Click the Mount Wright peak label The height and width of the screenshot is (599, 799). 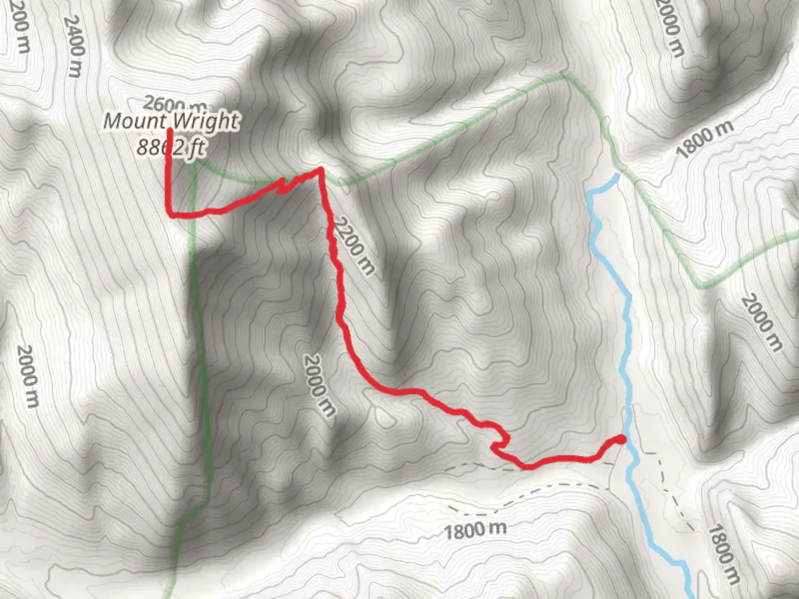coord(171,121)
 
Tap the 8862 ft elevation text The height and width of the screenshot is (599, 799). coord(171,148)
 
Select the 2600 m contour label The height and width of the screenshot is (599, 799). coord(175,104)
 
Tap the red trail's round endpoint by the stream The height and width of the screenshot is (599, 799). coord(621,439)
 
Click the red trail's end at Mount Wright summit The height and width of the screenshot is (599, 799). coord(169,131)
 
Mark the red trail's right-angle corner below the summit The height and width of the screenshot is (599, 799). coord(170,214)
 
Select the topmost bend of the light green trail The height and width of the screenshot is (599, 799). coord(564,74)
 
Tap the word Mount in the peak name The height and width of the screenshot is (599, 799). coord(135,121)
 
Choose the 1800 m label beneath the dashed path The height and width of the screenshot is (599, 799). coord(475,530)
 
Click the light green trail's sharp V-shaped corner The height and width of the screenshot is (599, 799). coord(701,286)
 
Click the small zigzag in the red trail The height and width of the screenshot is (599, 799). coord(284,185)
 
